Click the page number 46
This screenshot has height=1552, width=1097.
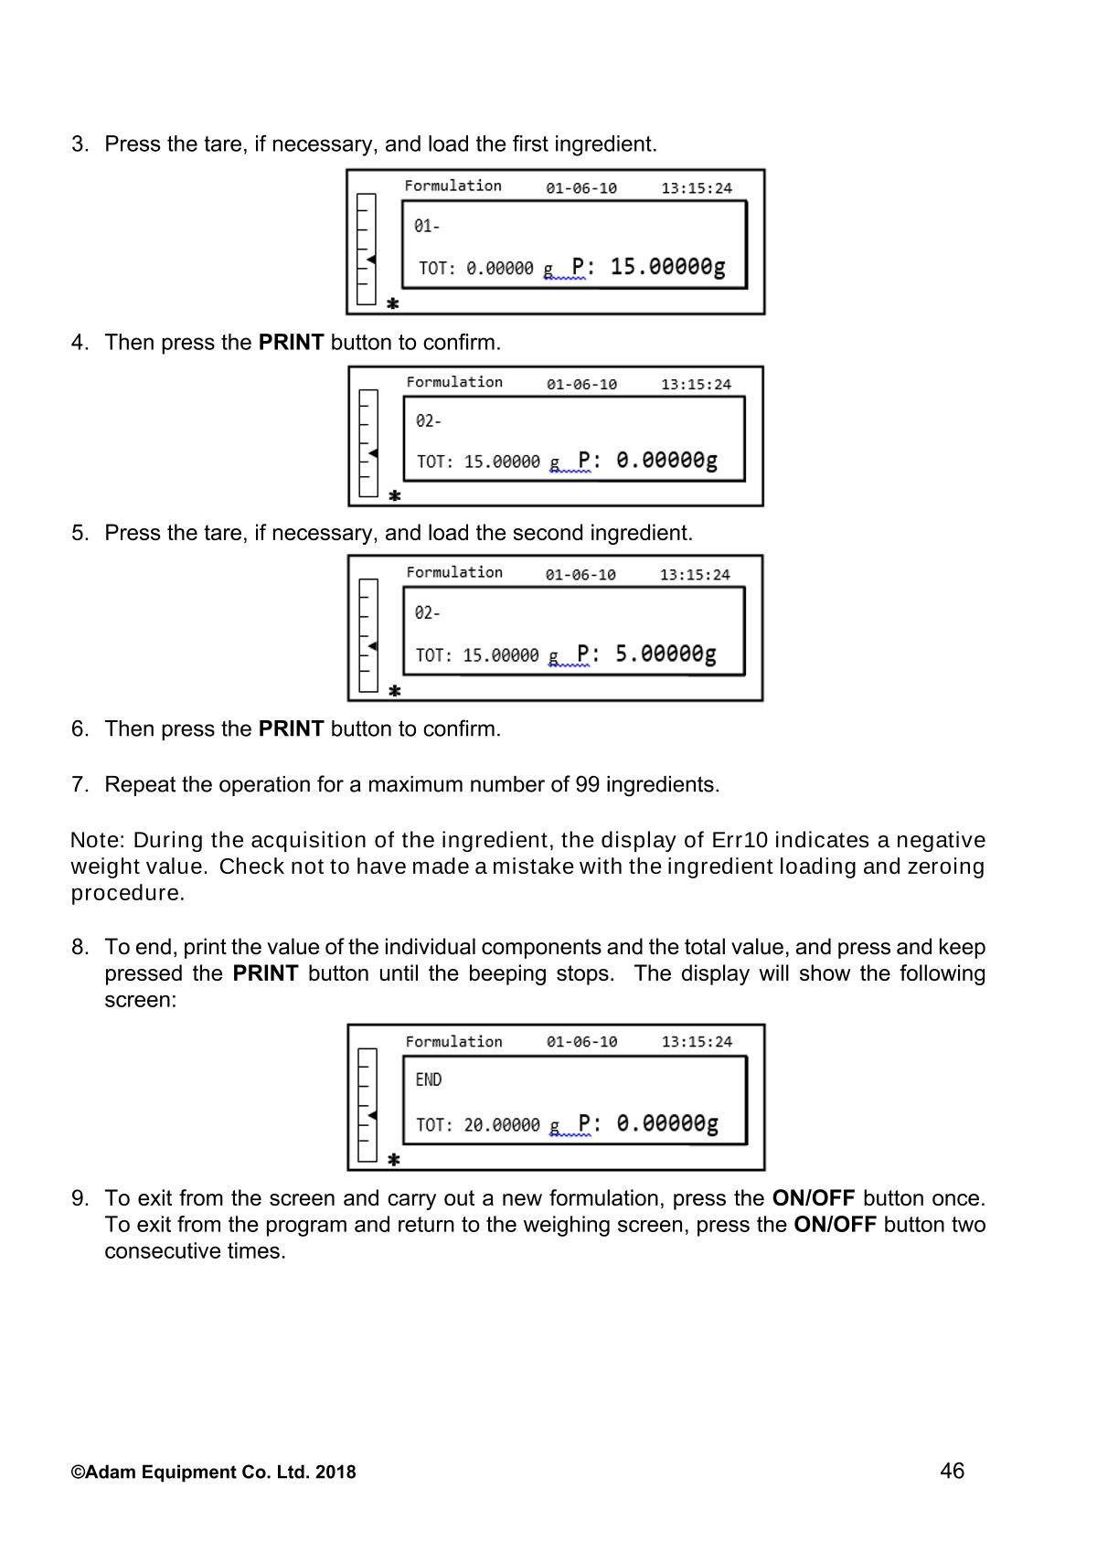click(x=951, y=1471)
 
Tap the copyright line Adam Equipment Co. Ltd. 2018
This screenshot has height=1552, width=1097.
click(x=214, y=1472)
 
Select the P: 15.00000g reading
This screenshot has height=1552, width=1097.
click(x=648, y=267)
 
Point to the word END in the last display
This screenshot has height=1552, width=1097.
click(x=428, y=1079)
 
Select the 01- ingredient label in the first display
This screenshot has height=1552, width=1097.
click(x=427, y=226)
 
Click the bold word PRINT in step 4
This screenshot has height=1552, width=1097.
click(x=291, y=343)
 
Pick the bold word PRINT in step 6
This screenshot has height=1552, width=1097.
click(x=291, y=729)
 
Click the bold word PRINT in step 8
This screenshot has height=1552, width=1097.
click(x=265, y=973)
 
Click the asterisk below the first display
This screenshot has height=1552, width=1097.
click(x=393, y=303)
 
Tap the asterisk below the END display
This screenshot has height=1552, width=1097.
click(x=394, y=1159)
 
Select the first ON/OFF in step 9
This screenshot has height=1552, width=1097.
click(x=813, y=1198)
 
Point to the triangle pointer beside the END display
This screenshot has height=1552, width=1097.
click(x=372, y=1115)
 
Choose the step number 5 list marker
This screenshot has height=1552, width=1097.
click(x=79, y=533)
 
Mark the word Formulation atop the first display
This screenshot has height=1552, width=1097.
click(x=453, y=186)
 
